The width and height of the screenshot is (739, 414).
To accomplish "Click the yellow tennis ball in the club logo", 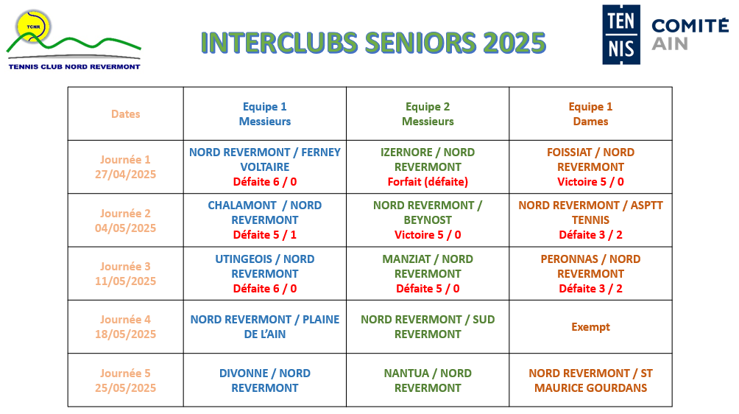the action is pyautogui.click(x=33, y=27).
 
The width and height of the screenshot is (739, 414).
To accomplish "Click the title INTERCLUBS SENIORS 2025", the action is pyautogui.click(x=373, y=43).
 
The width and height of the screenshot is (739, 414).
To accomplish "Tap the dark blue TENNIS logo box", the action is pyautogui.click(x=621, y=35).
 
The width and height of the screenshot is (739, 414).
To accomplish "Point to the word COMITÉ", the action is pyautogui.click(x=690, y=26).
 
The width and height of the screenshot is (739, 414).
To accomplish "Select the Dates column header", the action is pyautogui.click(x=125, y=114).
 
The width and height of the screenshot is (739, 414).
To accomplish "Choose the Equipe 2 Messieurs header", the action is pyautogui.click(x=428, y=114).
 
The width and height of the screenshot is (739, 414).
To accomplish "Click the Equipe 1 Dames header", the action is pyautogui.click(x=590, y=114).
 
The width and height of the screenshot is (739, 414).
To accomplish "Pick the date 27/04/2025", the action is pyautogui.click(x=125, y=175).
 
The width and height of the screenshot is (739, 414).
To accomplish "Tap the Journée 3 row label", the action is pyautogui.click(x=125, y=267).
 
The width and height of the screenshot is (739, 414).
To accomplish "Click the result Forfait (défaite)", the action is pyautogui.click(x=428, y=182).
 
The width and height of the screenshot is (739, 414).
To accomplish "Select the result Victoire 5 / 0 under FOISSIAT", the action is pyautogui.click(x=590, y=182).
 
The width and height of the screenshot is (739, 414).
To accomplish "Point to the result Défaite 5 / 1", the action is pyautogui.click(x=265, y=235).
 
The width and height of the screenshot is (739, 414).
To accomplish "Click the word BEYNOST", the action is pyautogui.click(x=428, y=220).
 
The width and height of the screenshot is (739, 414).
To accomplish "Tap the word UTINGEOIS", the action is pyautogui.click(x=243, y=259).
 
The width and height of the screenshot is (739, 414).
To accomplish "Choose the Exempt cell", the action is pyautogui.click(x=590, y=327).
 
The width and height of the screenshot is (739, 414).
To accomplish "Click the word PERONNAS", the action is pyautogui.click(x=569, y=259).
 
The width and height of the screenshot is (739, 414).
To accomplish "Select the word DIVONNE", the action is pyautogui.click(x=243, y=373).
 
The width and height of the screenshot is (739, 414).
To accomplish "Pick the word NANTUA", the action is pyautogui.click(x=406, y=373).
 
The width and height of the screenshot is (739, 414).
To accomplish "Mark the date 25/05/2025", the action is pyautogui.click(x=125, y=388).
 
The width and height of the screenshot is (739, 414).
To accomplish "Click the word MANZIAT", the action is pyautogui.click(x=406, y=259).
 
